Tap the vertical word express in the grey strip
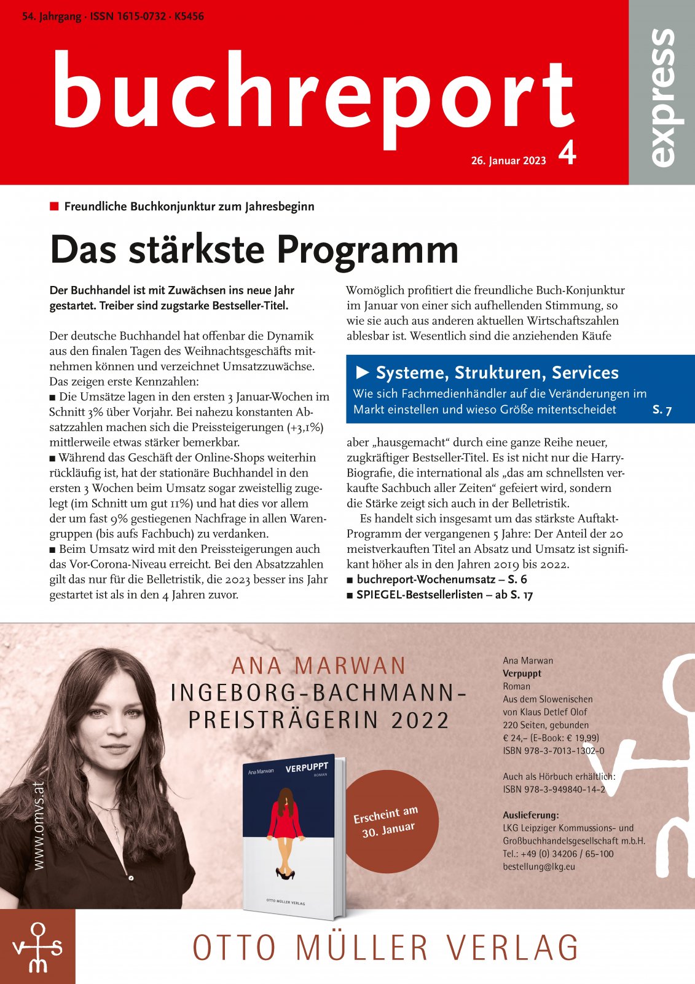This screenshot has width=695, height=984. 662,97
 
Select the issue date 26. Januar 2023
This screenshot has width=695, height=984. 508,161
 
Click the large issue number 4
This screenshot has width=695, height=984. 567,153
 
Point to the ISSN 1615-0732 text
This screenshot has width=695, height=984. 128,17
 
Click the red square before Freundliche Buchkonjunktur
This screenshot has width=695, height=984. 54,206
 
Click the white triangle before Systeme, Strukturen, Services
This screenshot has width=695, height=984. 363,372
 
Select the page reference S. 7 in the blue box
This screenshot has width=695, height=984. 662,410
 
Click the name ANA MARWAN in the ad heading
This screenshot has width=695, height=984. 319,666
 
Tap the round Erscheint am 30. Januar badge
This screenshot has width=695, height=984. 387,822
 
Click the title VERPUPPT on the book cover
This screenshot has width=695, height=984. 307,768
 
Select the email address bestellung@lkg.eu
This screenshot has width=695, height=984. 539,867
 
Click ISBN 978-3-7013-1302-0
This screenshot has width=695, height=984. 553,750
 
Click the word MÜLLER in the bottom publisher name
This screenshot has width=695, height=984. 361,948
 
